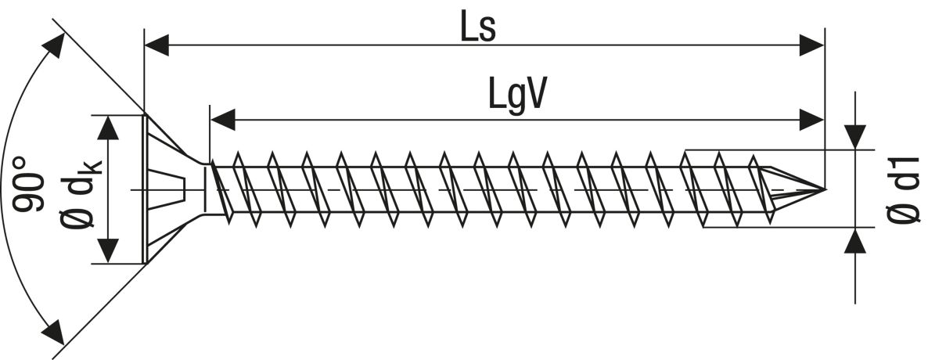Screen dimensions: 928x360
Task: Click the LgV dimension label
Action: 516,95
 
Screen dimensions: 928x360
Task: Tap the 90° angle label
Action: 28,184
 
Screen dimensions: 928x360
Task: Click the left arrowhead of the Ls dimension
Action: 156,45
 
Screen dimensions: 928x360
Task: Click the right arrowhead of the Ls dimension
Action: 811,45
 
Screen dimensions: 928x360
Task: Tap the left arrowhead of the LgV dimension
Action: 223,120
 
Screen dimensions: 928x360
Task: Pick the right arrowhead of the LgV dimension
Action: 811,120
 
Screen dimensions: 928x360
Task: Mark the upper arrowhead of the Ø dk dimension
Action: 108,128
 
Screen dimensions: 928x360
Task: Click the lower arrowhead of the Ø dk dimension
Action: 108,250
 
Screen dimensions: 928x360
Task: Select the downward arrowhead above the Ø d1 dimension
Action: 854,137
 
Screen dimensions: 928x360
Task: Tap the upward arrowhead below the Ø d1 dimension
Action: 854,239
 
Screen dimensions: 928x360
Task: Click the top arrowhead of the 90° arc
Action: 55,45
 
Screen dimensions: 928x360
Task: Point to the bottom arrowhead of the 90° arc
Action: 53,333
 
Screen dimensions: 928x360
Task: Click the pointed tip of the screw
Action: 824,189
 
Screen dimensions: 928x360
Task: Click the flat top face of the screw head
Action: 145,189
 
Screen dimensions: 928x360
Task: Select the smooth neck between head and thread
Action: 207,189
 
